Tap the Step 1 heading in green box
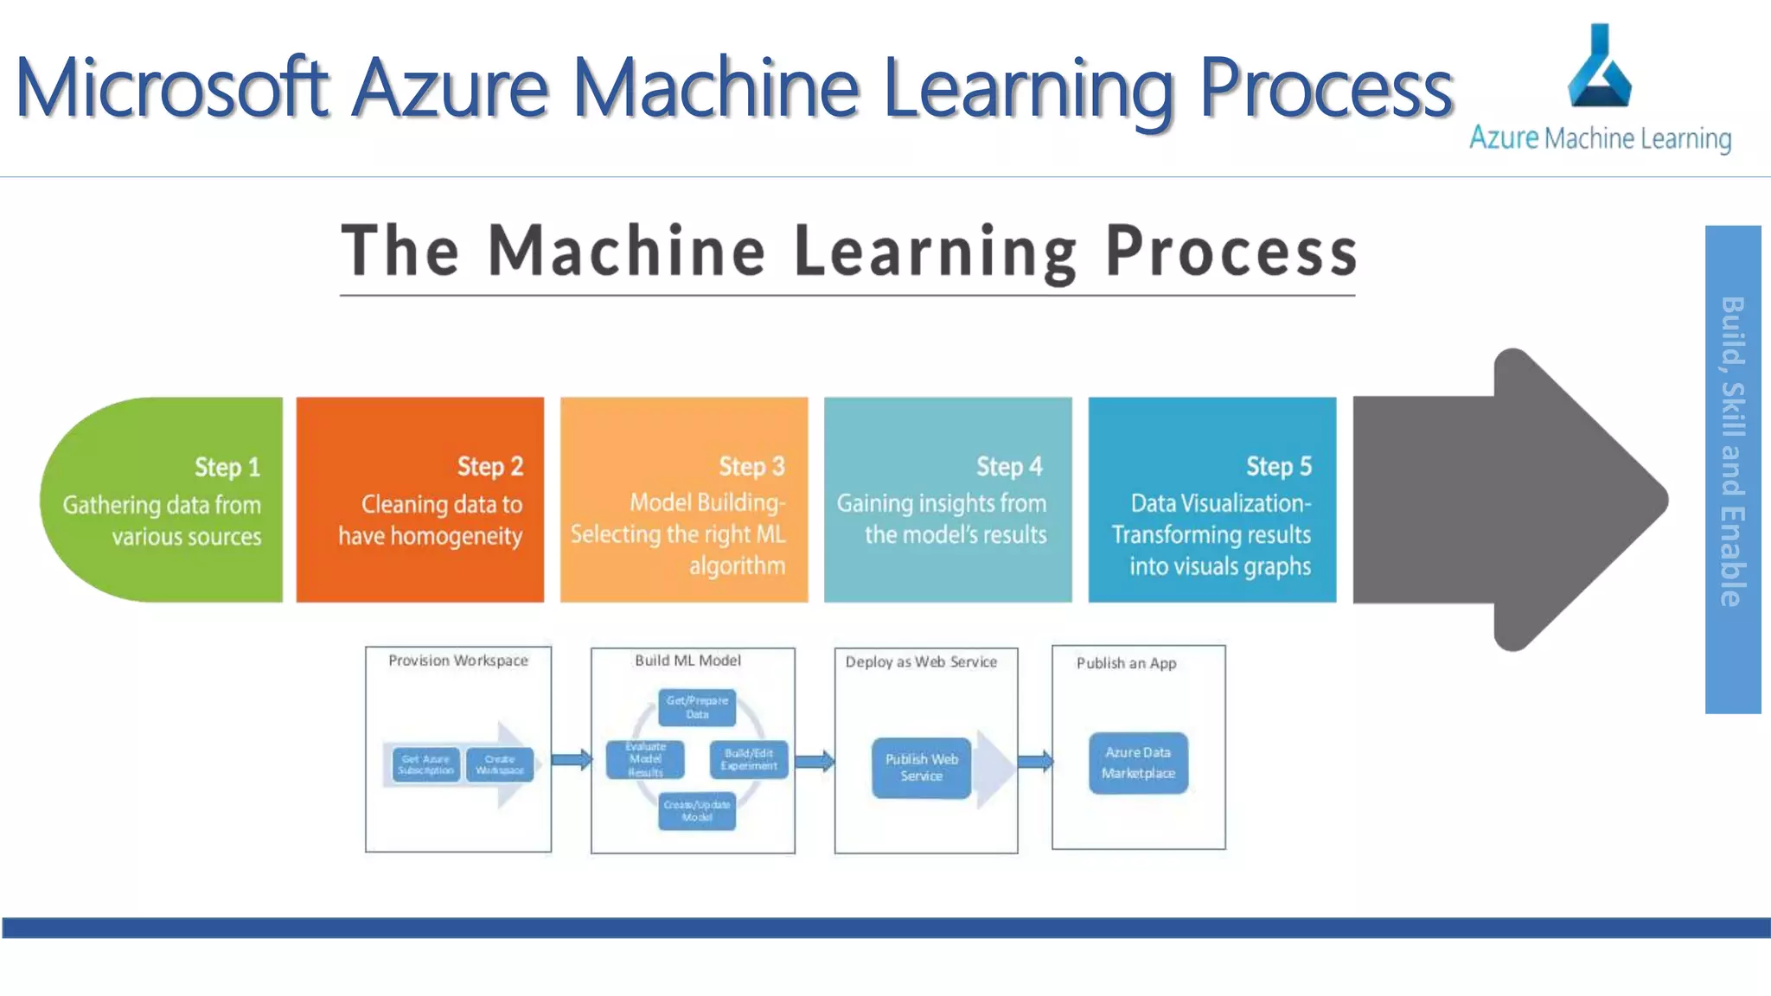(x=227, y=467)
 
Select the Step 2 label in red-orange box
(x=489, y=466)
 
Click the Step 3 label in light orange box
(x=751, y=466)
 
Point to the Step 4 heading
(x=1009, y=466)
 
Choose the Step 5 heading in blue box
(x=1278, y=466)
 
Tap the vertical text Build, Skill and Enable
(x=1732, y=451)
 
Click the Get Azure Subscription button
(x=425, y=764)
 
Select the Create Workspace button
(x=500, y=764)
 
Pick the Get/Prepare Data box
(x=697, y=707)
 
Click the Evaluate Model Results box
(x=645, y=759)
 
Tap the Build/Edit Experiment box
(x=749, y=759)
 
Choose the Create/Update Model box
(x=697, y=811)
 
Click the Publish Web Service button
(x=921, y=767)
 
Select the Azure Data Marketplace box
(x=1138, y=763)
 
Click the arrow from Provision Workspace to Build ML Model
(x=571, y=760)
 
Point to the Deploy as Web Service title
(x=921, y=662)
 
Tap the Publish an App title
(x=1126, y=663)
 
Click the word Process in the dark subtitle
(x=1231, y=252)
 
